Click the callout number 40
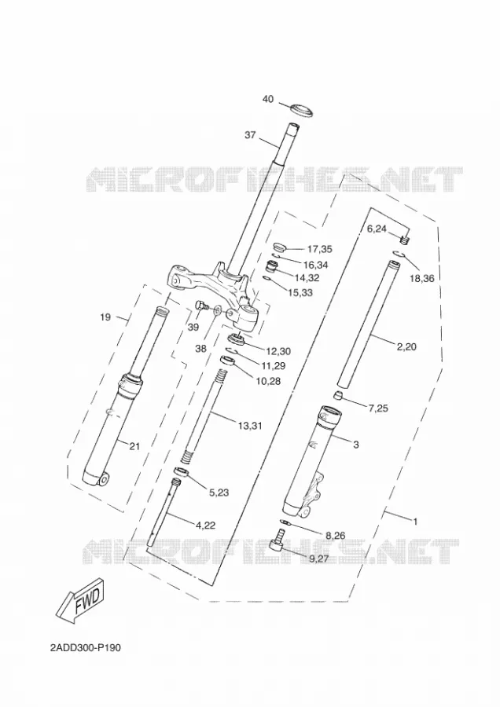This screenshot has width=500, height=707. point(267,99)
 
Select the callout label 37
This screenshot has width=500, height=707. point(250,134)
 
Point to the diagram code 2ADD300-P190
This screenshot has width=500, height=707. point(86,648)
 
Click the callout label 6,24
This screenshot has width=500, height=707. point(377,229)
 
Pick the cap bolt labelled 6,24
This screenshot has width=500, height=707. point(405,240)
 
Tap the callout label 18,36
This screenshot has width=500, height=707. point(422,278)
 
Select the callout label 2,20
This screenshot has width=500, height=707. point(406,346)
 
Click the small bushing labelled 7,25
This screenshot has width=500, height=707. point(338,397)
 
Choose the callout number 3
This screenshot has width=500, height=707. point(356,445)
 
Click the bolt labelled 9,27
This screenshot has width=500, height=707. point(277,540)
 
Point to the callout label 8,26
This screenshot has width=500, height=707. point(335,536)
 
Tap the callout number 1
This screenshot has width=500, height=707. point(415,522)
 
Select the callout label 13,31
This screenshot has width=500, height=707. point(250,425)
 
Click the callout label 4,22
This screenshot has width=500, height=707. point(205,525)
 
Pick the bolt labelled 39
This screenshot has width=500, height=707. point(200,306)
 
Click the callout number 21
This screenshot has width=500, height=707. point(134,446)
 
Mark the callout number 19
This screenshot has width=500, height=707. point(105,317)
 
